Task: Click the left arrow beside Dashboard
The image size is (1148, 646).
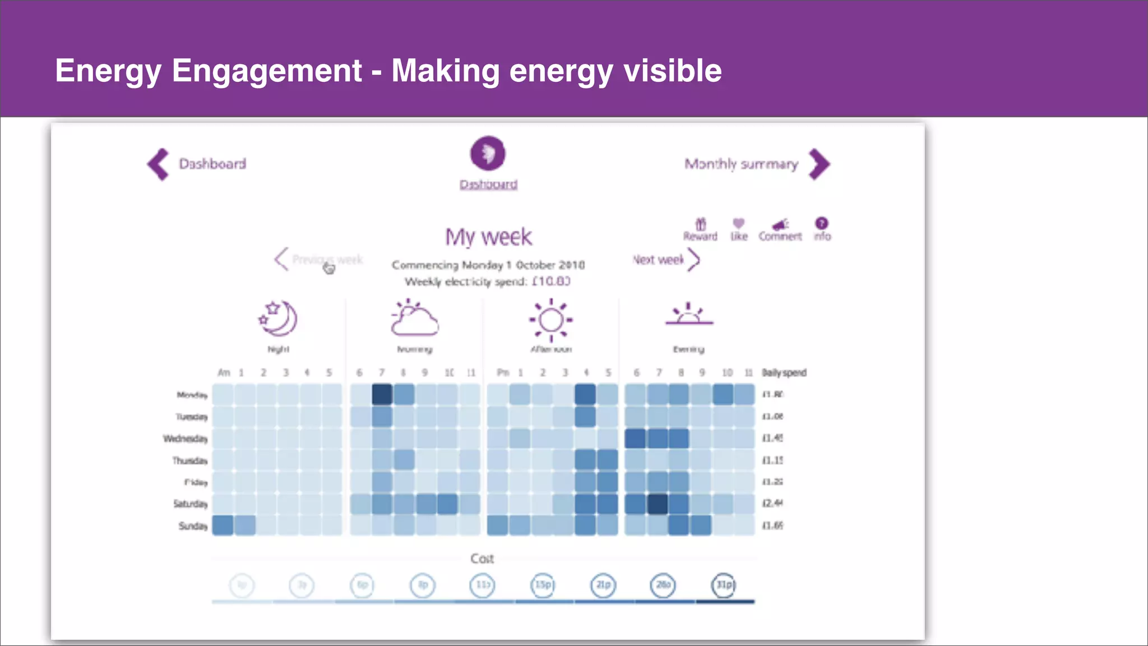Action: [x=158, y=164]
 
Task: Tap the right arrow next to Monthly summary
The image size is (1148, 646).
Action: [x=820, y=164]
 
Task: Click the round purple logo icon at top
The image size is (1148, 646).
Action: [x=488, y=153]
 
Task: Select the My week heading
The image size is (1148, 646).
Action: [x=488, y=237]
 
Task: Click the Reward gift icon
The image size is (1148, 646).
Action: [x=701, y=224]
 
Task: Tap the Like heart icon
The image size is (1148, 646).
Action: [x=739, y=223]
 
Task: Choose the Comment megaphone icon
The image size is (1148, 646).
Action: [x=780, y=225]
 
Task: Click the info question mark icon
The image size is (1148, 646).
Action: [x=822, y=223]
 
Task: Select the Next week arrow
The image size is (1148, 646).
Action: [x=694, y=260]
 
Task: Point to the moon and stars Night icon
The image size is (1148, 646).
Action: [x=278, y=319]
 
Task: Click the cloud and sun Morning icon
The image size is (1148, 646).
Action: [x=414, y=318]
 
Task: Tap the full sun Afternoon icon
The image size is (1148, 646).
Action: [x=551, y=320]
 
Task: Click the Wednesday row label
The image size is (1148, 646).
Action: [x=186, y=439]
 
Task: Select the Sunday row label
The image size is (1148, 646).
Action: [x=193, y=526]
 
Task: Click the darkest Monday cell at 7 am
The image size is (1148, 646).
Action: [x=382, y=394]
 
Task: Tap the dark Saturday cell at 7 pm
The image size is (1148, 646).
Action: [x=658, y=504]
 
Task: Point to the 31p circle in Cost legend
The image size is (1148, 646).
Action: [x=724, y=585]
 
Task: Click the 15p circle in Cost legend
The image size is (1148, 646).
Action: [x=543, y=585]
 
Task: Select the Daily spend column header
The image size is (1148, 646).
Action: [x=784, y=373]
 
